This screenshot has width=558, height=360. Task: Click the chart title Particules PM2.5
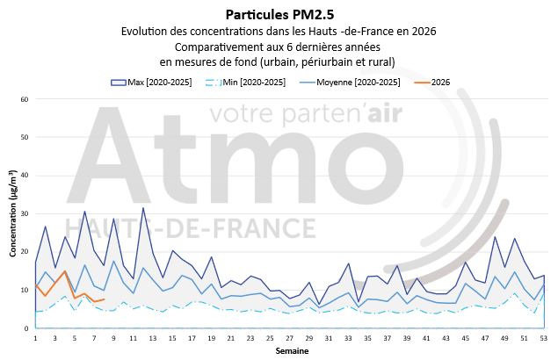(x=279, y=13)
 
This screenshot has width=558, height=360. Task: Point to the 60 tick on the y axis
(x=25, y=99)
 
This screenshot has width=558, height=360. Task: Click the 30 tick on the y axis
(x=25, y=214)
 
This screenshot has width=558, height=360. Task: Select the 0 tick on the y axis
(x=27, y=328)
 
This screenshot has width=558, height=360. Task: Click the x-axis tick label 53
(x=544, y=337)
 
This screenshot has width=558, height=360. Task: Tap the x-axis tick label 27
(x=290, y=337)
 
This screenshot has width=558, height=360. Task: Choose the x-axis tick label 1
(x=35, y=337)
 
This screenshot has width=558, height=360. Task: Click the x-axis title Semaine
(x=289, y=350)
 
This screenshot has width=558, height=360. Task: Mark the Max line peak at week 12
(x=143, y=208)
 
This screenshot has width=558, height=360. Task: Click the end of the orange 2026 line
(x=104, y=299)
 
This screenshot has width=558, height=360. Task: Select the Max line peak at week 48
(x=495, y=237)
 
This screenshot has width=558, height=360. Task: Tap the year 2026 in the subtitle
(x=422, y=31)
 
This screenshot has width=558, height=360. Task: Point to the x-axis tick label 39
(x=407, y=337)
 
